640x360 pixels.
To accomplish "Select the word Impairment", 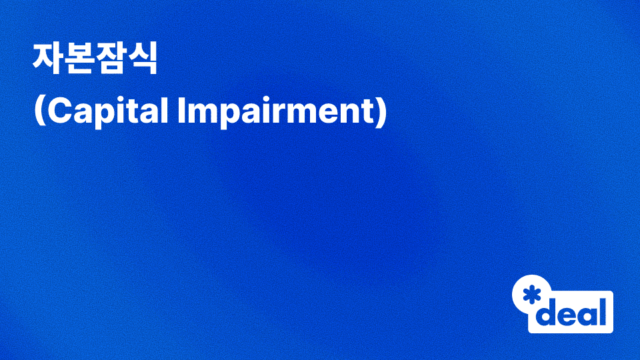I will [274, 112].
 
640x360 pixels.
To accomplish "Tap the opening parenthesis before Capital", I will [38, 112].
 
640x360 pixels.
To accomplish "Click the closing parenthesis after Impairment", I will [381, 112].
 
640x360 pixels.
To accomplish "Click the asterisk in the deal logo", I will [532, 295].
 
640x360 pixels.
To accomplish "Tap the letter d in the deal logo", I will [547, 313].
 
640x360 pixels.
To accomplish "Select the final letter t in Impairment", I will [369, 112].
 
